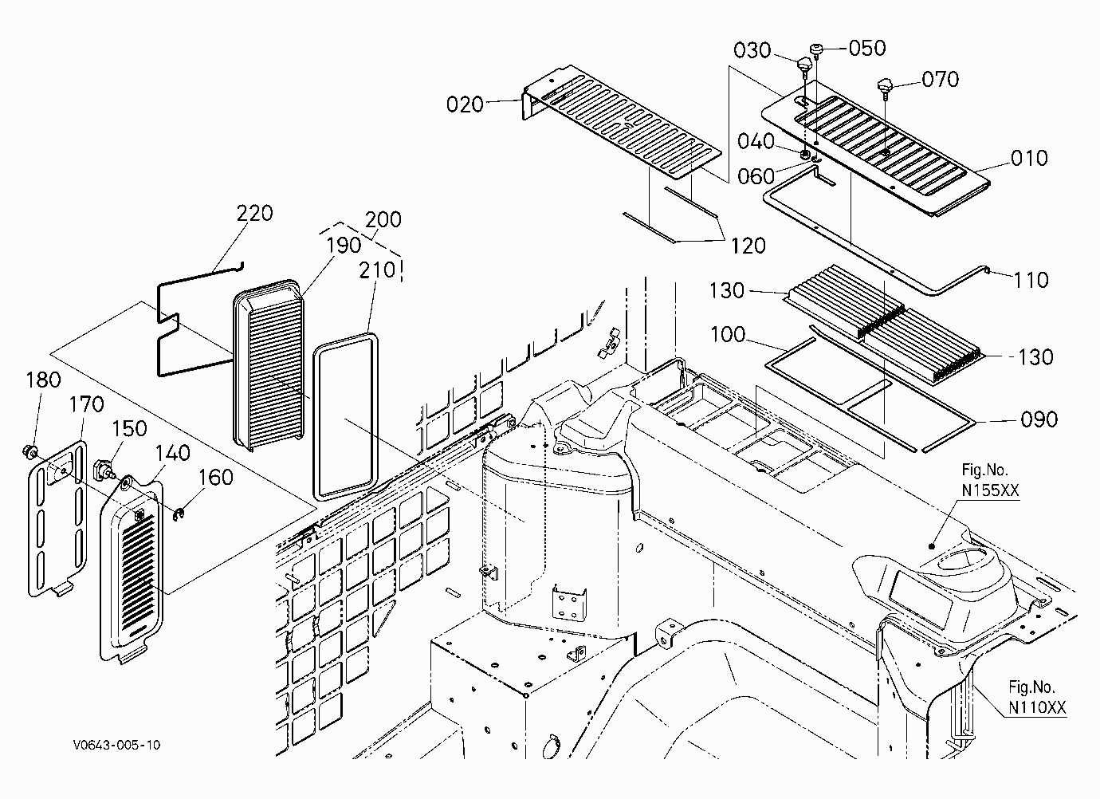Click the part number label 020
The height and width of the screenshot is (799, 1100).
tap(465, 104)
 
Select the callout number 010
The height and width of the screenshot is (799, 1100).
tap(1029, 158)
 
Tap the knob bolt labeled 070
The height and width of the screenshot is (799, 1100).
tap(885, 88)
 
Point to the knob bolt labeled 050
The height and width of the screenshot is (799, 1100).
tap(815, 50)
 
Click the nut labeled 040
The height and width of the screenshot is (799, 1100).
tap(805, 154)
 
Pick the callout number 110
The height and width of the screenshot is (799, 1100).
tap(1031, 280)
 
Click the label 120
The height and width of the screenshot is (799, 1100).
tap(748, 246)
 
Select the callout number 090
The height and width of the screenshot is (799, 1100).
tap(1039, 419)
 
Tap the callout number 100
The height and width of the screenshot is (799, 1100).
tap(728, 335)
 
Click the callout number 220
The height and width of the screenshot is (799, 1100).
tap(254, 213)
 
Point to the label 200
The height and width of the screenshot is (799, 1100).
tap(383, 219)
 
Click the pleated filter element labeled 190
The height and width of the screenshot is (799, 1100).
tap(268, 365)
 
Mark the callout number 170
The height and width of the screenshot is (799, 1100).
tap(86, 404)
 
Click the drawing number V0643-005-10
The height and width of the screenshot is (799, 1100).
tap(117, 745)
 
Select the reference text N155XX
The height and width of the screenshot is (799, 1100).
tap(990, 490)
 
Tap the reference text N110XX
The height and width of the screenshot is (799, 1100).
tap(1037, 707)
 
